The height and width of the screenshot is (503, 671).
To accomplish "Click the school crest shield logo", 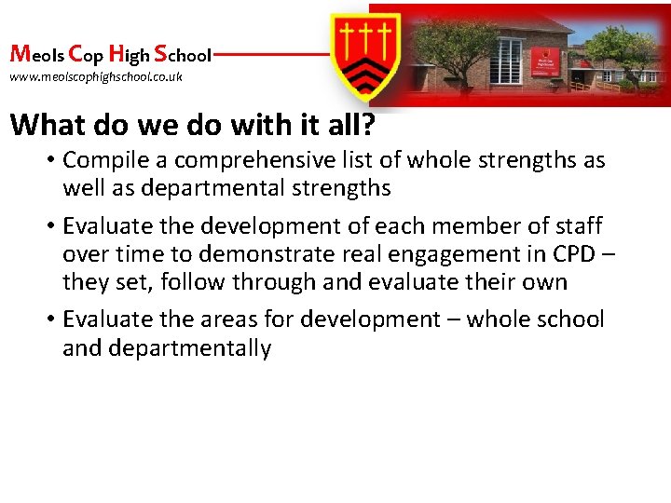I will [x=367, y=55].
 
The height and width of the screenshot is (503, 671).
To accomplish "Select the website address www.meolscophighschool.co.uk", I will [x=96, y=76].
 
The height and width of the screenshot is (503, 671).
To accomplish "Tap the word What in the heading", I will [x=48, y=124].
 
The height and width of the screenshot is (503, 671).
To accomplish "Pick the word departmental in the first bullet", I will [x=215, y=188].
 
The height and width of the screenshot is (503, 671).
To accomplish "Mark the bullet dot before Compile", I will [x=51, y=160].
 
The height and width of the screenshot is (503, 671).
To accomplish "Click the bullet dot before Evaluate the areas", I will [x=51, y=320].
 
